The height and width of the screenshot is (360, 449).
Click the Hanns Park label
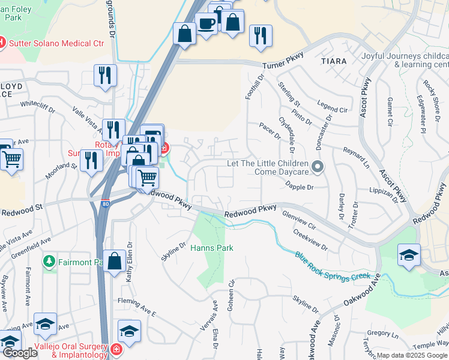(x=211, y=248)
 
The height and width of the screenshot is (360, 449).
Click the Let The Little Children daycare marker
(x=318, y=166)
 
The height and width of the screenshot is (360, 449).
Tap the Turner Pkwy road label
(x=283, y=61)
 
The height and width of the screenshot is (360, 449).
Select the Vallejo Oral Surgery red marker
(x=115, y=349)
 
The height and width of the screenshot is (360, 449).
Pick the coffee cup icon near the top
(x=207, y=25)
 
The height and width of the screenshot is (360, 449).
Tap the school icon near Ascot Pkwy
(x=408, y=254)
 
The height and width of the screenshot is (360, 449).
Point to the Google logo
(x=20, y=353)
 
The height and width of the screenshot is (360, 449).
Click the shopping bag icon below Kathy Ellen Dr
(x=114, y=262)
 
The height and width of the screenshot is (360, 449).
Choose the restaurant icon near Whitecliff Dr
(x=105, y=76)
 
